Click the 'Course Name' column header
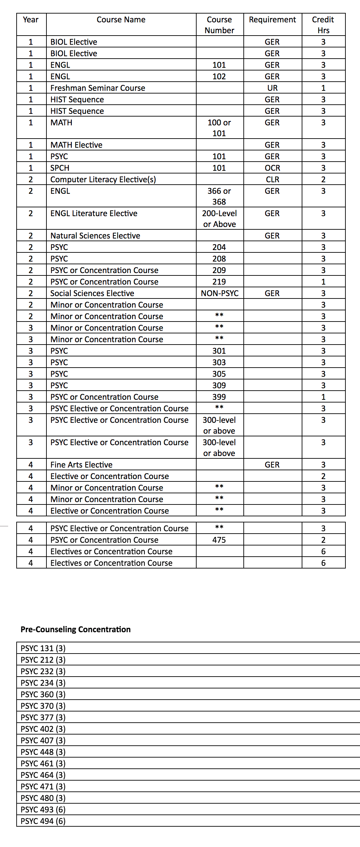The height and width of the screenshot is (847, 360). [121, 20]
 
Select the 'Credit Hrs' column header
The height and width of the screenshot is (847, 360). [323, 25]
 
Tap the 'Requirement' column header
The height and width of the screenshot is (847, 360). [272, 20]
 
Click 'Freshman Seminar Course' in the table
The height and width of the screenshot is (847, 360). [98, 88]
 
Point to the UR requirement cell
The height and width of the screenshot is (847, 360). [272, 88]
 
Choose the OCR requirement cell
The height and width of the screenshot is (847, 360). [272, 168]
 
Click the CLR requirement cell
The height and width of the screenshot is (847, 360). [272, 180]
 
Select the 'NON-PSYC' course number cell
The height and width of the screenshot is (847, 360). [220, 293]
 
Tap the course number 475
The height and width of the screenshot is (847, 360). [219, 540]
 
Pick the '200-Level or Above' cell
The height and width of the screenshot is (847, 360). [219, 219]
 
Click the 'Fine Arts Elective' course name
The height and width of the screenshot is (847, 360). [81, 465]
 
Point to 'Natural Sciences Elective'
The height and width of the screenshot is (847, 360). [95, 236]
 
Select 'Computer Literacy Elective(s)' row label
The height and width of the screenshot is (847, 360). [103, 180]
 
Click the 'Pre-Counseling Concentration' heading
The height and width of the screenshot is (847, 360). [76, 629]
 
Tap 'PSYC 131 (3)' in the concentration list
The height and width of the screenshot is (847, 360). [43, 648]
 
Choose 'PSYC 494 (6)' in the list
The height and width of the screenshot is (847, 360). [43, 821]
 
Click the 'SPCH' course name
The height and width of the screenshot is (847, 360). [60, 168]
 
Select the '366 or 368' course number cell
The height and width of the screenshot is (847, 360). [219, 196]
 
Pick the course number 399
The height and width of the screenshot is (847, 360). [219, 397]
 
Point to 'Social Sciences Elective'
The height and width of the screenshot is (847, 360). [92, 293]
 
